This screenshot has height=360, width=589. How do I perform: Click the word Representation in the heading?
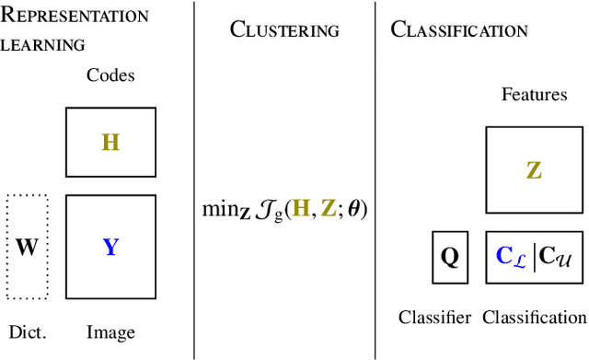point(76,16)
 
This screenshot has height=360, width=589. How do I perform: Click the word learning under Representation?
point(45,43)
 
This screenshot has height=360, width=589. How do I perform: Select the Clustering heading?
point(284,29)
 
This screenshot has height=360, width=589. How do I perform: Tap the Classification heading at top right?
point(459,29)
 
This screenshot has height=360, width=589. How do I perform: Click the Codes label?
point(110,75)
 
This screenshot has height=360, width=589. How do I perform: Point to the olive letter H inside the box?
point(110,143)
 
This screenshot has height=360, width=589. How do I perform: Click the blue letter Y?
point(110,247)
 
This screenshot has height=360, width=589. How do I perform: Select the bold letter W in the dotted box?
point(27,247)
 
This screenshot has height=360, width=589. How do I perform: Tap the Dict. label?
point(27,332)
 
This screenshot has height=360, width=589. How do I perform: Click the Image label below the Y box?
point(110,332)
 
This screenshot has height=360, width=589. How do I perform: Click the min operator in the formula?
point(219,209)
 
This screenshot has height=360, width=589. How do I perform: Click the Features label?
point(533,94)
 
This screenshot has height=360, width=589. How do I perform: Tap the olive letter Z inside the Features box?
point(534,170)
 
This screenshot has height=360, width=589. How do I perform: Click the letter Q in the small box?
point(449,257)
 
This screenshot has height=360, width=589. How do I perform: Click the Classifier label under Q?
point(434,318)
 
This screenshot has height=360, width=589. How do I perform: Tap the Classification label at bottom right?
point(534,318)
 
